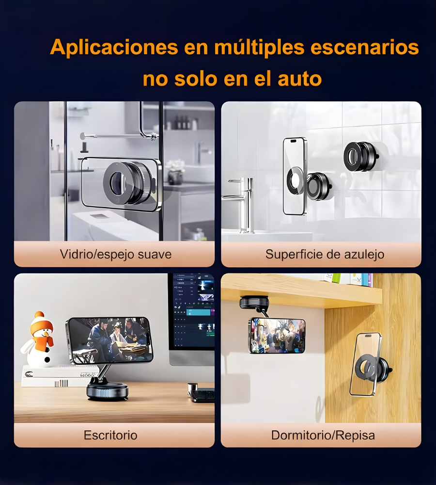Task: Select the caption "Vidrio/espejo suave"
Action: [116, 254]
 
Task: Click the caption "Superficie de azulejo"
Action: [325, 254]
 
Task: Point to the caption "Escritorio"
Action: [110, 435]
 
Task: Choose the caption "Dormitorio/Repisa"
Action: [323, 435]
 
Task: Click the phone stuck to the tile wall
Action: [295, 176]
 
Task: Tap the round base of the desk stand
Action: [107, 390]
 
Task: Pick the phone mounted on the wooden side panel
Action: [366, 364]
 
